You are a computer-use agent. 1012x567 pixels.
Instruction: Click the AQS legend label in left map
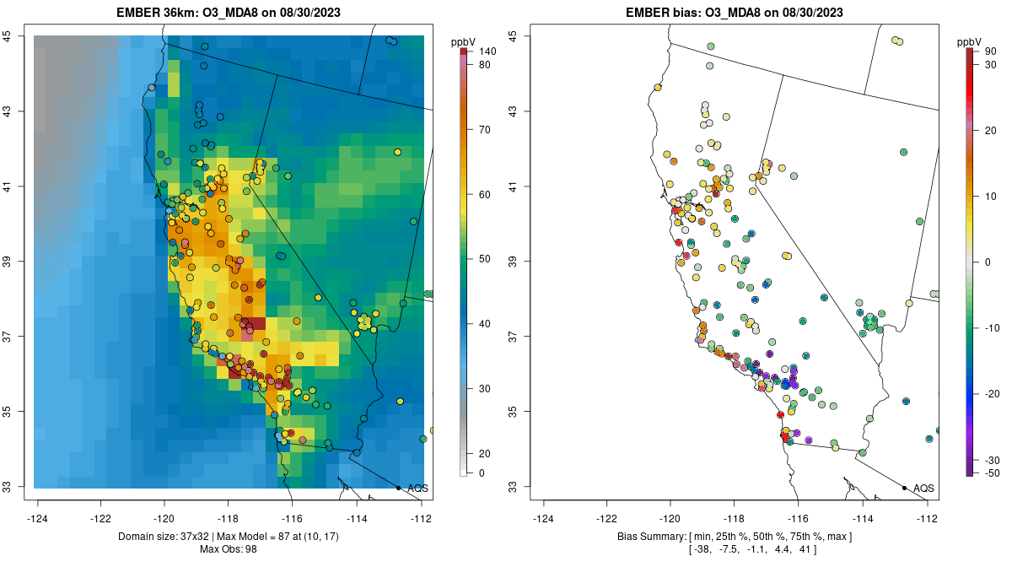coord(417,488)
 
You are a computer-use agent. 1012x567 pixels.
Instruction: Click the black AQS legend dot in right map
coord(904,488)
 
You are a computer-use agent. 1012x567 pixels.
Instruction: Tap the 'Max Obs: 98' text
coord(229,549)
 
